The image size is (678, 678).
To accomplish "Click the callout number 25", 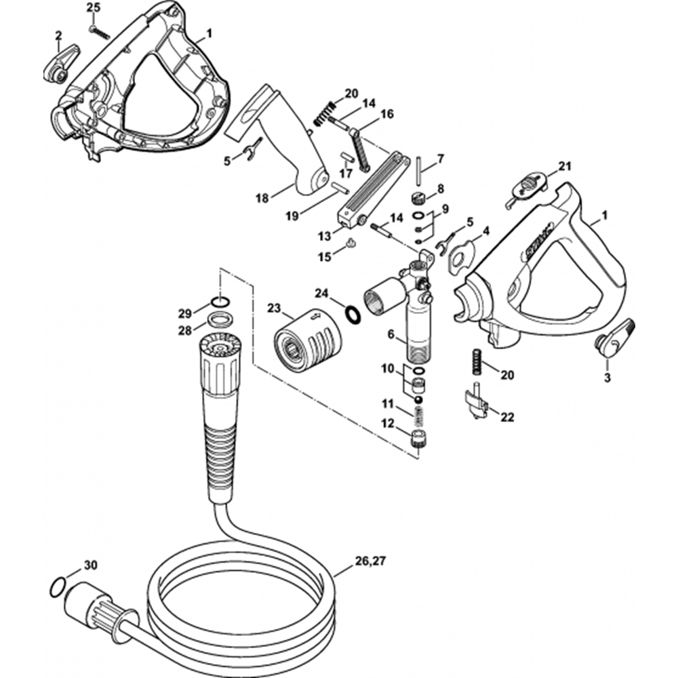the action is pos(94,7).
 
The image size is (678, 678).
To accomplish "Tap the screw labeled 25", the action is pos(100,33).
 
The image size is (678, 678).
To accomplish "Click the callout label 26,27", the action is pos(370,561).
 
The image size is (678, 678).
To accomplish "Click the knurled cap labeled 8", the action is pos(418,200).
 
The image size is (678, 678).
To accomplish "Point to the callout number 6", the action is pos(392,334).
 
